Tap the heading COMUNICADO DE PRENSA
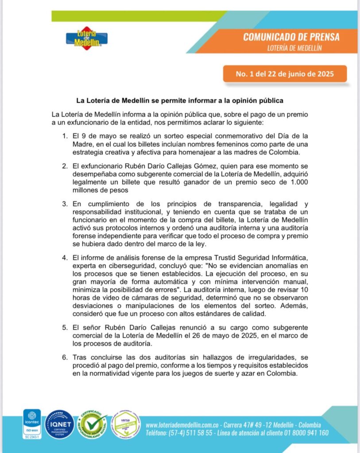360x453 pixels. (291, 37)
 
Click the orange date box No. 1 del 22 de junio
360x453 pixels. (284, 74)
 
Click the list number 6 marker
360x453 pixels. (65, 357)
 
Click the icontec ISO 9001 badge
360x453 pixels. (32, 424)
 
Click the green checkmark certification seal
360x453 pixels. (93, 424)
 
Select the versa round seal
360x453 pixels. (125, 425)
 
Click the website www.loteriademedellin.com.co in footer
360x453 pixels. (183, 425)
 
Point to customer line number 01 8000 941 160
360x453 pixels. (305, 433)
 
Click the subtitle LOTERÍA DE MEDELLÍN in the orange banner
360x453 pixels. (295, 47)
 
